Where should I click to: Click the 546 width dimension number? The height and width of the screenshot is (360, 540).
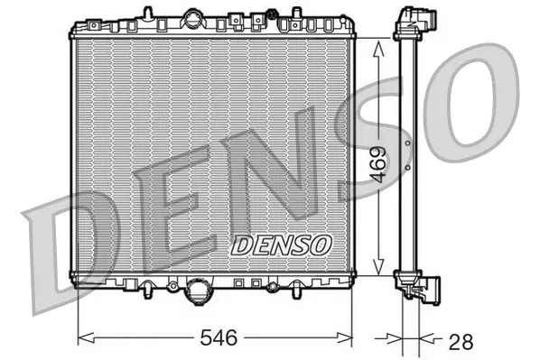tap(217, 339)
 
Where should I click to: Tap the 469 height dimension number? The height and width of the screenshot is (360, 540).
tap(378, 164)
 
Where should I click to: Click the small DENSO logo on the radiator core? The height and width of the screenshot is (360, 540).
tap(283, 245)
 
